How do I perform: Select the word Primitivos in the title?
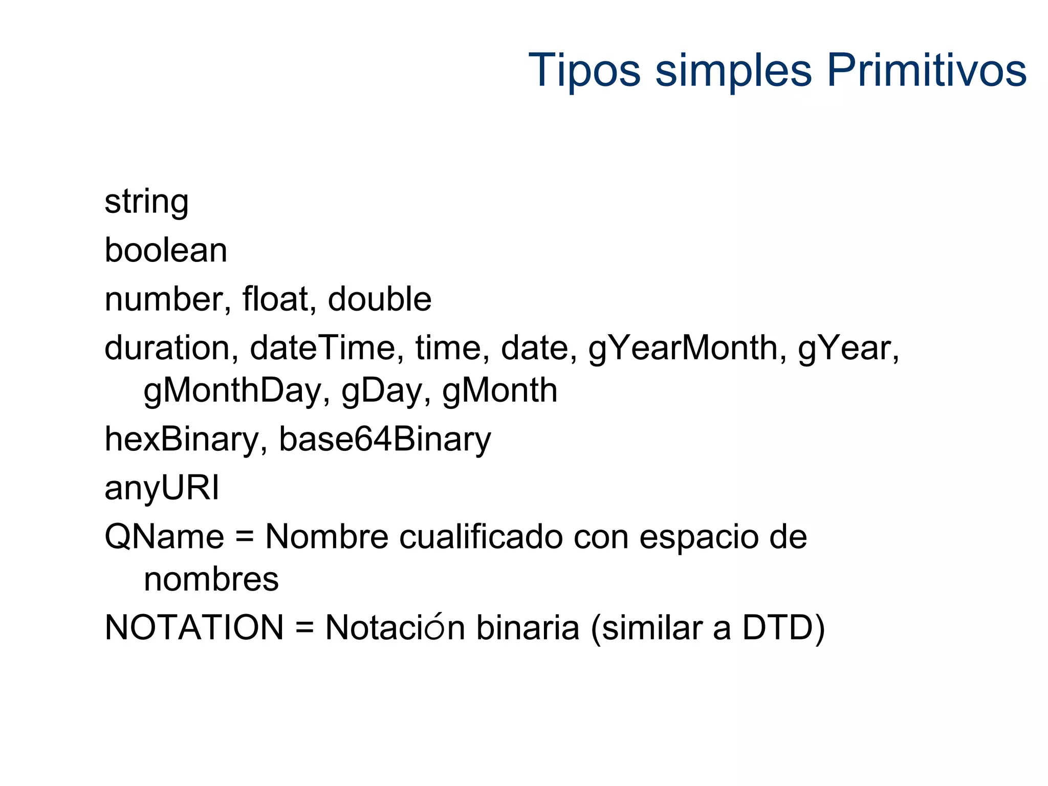pos(926,70)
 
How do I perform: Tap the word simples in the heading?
pos(733,70)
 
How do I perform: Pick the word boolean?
pos(166,250)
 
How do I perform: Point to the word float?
pos(275,299)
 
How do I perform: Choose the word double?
pos(379,299)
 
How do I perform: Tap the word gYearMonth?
pos(683,349)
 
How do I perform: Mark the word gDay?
pos(382,391)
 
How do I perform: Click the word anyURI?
pos(162,488)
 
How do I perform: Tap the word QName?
pos(164,537)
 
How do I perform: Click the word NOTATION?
pos(194,627)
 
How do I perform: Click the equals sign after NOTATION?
pos(304,628)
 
